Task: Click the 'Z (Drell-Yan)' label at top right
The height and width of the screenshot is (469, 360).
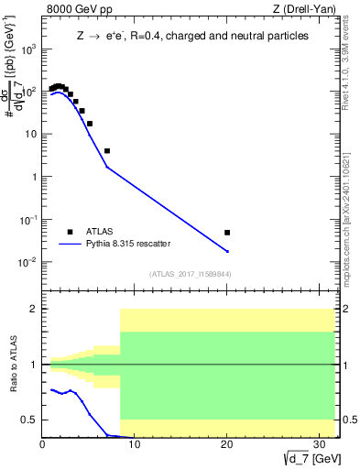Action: tap(302, 11)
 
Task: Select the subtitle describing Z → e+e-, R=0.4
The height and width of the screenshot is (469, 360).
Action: tap(192, 36)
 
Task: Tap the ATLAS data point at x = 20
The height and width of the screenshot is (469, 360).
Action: tap(227, 233)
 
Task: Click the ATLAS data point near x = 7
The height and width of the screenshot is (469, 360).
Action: tap(107, 150)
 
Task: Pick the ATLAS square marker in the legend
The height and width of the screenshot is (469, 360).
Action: tap(71, 231)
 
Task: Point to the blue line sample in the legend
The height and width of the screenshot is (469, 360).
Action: tap(71, 245)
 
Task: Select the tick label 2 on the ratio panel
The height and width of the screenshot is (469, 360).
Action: tap(35, 309)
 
